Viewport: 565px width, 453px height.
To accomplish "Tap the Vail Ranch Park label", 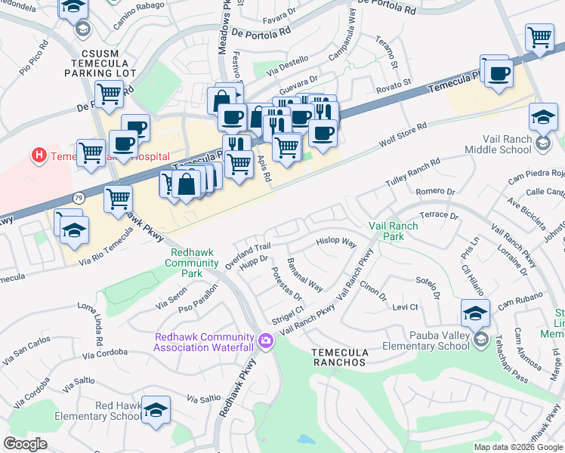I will [x=397, y=231].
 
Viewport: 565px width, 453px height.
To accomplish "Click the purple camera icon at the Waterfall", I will [x=265, y=341].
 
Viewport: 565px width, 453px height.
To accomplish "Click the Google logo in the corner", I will [x=25, y=444].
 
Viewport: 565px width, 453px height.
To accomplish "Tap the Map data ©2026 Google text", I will [x=518, y=446].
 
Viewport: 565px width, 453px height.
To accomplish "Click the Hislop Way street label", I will [x=335, y=242].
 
